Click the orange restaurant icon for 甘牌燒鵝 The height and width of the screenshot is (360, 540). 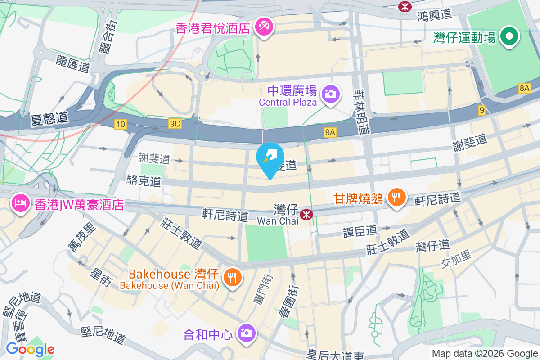point(396,198)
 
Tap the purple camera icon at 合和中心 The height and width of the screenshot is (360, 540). point(246,333)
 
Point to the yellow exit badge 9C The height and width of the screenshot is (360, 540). point(175,124)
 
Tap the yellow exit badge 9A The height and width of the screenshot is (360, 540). point(330,132)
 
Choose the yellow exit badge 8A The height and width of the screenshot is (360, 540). point(524,88)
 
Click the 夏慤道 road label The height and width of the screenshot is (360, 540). point(49,119)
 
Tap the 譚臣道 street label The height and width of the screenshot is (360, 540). point(360,231)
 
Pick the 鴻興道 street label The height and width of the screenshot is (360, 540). point(434,15)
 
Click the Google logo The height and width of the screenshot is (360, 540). point(30,349)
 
